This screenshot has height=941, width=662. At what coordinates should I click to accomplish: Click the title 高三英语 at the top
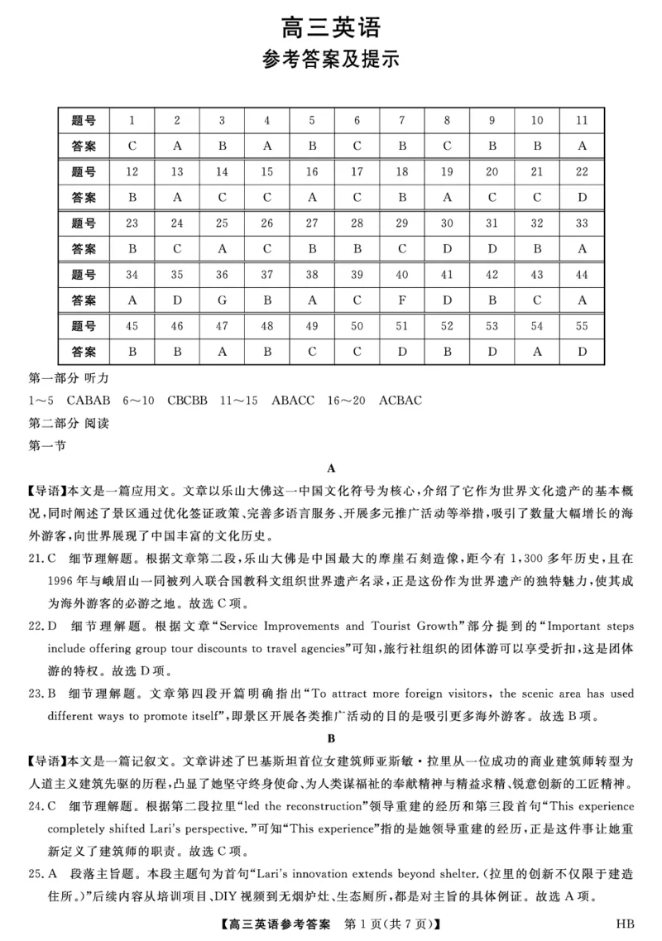pos(331,28)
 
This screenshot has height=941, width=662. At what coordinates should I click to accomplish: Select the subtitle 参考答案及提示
pos(331,60)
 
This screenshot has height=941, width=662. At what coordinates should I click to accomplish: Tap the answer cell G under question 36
pos(222,300)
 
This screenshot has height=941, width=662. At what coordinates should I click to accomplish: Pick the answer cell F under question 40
pos(402,300)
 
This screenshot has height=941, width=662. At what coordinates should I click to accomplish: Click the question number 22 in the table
pos(582,172)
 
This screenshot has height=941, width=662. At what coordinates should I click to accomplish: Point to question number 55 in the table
pos(582,326)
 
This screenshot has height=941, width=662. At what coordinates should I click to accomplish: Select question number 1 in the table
pos(132,121)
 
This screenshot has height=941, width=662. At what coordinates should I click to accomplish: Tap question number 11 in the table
pos(582,121)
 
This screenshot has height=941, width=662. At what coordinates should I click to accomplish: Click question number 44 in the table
pos(582,275)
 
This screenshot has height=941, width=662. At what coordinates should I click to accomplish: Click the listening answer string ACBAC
pos(401,401)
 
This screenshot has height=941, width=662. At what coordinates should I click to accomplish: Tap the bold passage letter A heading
pos(331,468)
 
